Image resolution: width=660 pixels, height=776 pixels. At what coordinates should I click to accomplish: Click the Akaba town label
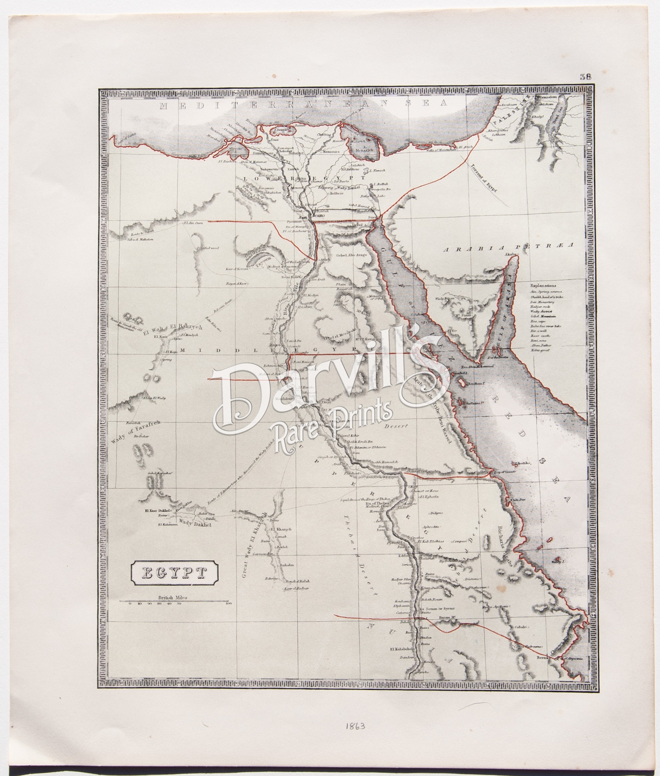510,254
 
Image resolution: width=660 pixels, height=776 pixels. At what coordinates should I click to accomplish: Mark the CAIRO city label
317,215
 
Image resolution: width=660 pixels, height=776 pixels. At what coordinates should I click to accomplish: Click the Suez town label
372,217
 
